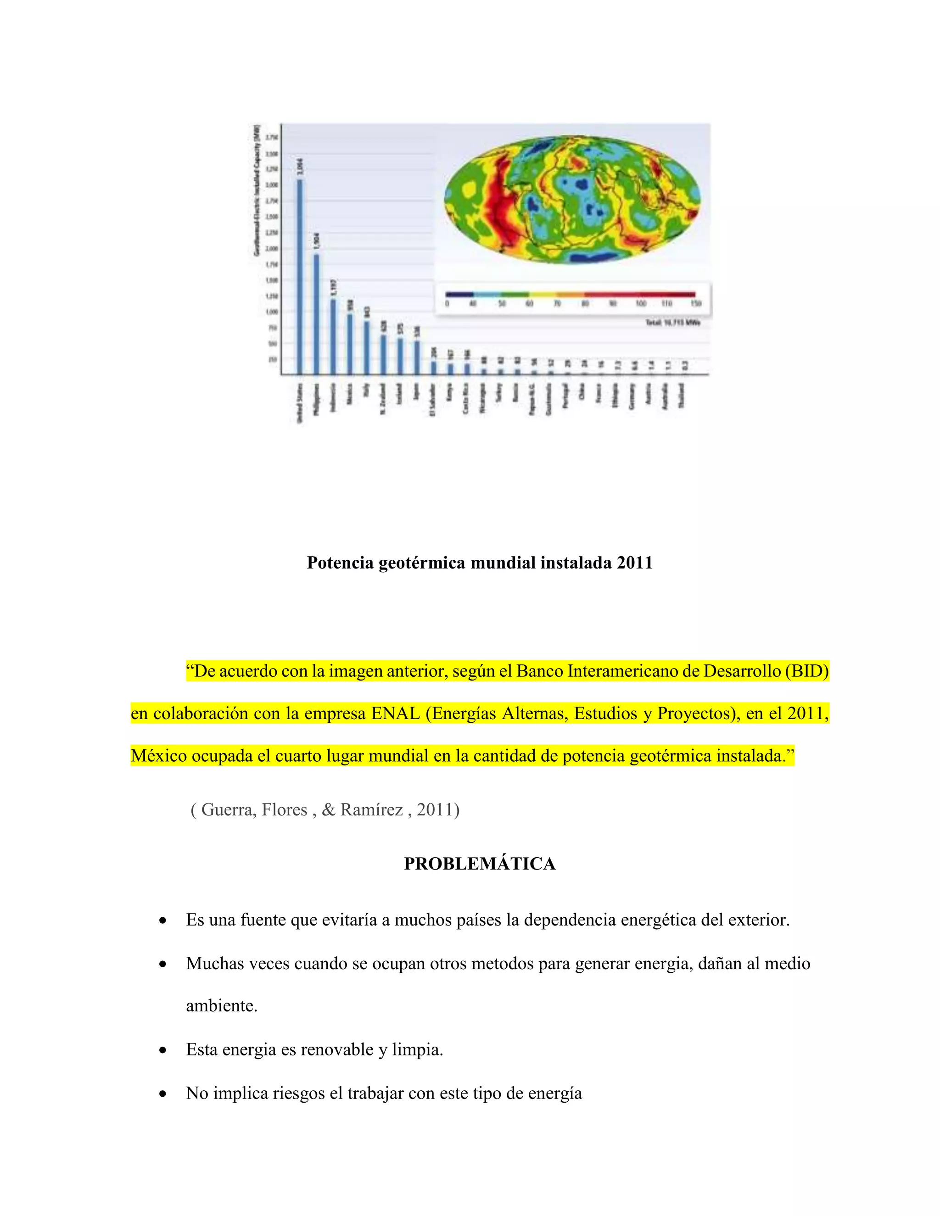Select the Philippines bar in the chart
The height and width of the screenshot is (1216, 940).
point(316,315)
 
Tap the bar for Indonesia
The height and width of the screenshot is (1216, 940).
point(333,337)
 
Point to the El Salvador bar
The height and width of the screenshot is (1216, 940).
point(434,368)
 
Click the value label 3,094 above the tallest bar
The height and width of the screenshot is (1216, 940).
point(301,167)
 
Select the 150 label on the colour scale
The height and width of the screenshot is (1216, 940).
point(695,303)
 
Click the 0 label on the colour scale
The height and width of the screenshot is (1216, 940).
point(447,303)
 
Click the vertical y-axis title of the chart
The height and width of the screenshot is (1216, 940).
point(257,190)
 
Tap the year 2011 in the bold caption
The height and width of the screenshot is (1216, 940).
point(634,563)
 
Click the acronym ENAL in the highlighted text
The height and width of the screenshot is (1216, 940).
point(395,713)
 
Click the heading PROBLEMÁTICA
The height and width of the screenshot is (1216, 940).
point(480,864)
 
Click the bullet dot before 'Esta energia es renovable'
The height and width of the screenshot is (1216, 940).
point(162,1050)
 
